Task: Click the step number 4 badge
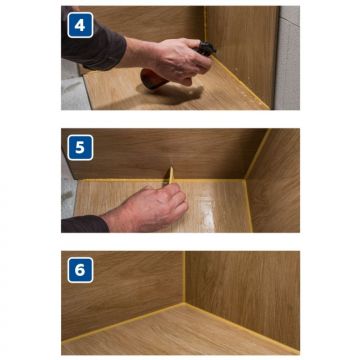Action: pos(80,25)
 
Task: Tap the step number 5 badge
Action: pos(80,148)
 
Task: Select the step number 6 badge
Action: pos(80,270)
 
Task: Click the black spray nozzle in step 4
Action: pos(206,49)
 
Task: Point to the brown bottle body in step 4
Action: pos(153,79)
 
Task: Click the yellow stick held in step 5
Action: pos(171,175)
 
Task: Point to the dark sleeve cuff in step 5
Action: pos(85,224)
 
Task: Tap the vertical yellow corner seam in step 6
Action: pos(184,277)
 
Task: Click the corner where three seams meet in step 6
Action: pos(184,303)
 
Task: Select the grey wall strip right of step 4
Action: pos(287,57)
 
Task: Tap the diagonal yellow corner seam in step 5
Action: pos(257,153)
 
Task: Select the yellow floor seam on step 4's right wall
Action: pos(241,82)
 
